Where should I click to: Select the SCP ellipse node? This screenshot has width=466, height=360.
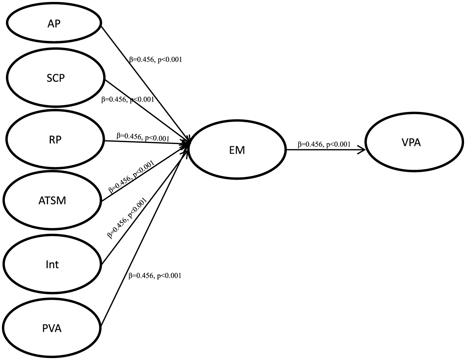coord(56,78)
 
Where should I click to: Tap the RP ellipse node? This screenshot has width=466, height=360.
coord(55,139)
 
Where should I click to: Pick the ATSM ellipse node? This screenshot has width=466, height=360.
coord(52,200)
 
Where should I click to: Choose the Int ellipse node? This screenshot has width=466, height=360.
coord(52,264)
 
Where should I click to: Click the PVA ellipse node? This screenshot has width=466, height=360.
coord(52,328)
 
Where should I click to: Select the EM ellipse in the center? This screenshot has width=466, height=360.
coord(237,150)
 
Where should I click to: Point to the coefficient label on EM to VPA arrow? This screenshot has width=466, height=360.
coord(324,144)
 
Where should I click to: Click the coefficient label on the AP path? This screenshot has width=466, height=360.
coord(155,60)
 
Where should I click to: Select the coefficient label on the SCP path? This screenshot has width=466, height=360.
coord(128,100)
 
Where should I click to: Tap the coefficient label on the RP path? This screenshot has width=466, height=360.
coord(143,137)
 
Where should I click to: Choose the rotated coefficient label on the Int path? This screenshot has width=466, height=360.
coord(127,218)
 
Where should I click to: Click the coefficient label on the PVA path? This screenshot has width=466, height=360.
coord(155,276)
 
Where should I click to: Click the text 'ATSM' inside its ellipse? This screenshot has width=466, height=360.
coord(52,200)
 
